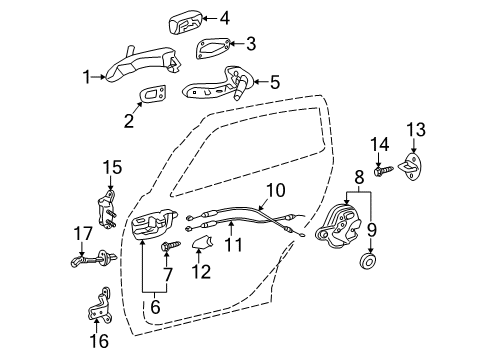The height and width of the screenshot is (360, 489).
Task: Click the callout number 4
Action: [x=224, y=16]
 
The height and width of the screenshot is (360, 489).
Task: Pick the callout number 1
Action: [x=88, y=74]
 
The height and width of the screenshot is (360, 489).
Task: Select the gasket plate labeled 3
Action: [x=214, y=47]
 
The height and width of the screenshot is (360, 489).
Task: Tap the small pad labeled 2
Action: [x=152, y=94]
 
